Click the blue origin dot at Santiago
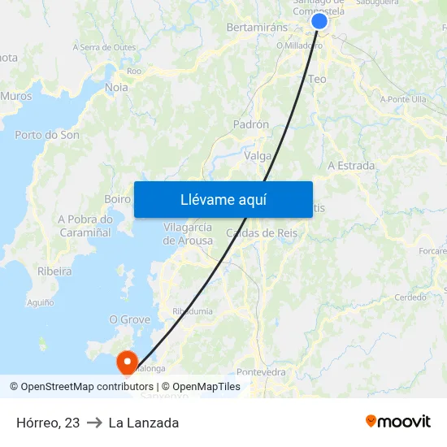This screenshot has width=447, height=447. (319, 21)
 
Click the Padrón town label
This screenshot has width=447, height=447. (250, 124)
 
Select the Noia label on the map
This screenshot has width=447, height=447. (116, 87)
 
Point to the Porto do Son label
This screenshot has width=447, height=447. (47, 135)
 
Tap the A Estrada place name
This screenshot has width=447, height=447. (351, 166)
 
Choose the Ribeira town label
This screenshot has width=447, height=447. (54, 271)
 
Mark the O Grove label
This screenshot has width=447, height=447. (130, 319)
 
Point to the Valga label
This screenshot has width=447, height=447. (258, 156)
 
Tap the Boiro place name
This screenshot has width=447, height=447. (118, 198)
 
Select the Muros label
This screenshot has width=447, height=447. (16, 96)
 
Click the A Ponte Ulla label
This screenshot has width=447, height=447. (403, 99)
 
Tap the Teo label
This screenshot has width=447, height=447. (317, 80)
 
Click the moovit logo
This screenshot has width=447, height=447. (397, 422)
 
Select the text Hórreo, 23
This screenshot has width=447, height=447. (48, 423)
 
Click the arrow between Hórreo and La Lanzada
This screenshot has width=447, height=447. (94, 423)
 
